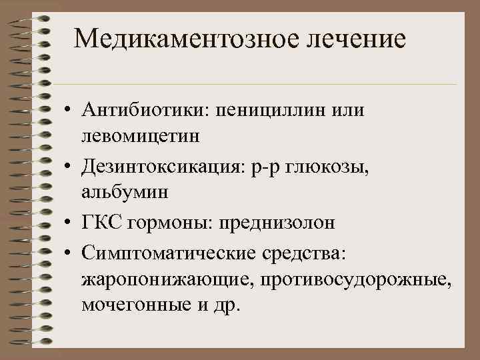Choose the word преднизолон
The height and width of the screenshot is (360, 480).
(277, 223)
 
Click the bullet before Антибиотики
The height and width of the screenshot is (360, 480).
(69, 110)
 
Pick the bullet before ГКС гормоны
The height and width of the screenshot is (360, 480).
(69, 223)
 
